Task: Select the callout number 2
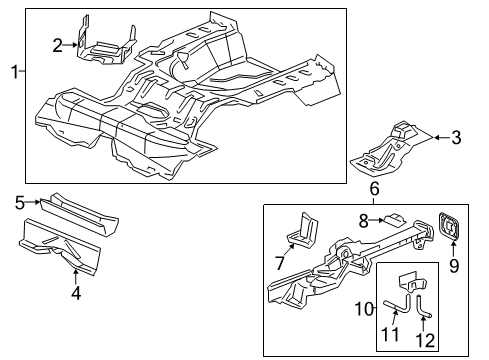[58, 43]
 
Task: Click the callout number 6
[374, 188]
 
